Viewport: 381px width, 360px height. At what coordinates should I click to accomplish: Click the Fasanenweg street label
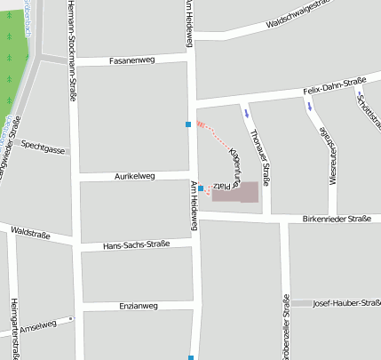point(131,60)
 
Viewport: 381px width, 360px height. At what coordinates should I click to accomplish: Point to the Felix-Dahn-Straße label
point(334,86)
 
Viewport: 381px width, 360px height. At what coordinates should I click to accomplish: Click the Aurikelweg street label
point(134,176)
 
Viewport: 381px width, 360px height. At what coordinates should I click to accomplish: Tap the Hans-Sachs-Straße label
point(136,244)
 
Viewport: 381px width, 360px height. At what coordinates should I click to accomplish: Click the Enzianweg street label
point(138,305)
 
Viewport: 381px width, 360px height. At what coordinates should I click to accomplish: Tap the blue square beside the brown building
point(201,188)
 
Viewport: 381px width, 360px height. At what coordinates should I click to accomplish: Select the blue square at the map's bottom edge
point(191,357)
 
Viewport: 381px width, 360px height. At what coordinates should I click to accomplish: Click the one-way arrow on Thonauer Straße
point(246,113)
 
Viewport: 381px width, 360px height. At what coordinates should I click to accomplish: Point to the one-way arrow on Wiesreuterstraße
point(310,106)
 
